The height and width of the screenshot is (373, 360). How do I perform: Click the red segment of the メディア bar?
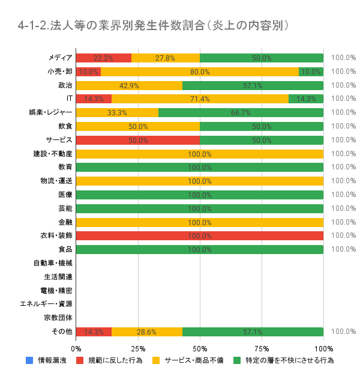(104, 58)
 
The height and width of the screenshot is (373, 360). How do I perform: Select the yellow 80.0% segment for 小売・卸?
(200, 71)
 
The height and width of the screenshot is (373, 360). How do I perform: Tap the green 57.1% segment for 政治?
(253, 85)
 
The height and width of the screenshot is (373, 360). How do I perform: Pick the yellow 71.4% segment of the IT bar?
(200, 99)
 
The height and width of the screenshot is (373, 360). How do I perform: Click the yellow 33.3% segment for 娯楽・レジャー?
(117, 112)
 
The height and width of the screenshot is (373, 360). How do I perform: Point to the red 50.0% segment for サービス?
(138, 140)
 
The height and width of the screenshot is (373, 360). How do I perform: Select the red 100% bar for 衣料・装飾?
(200, 235)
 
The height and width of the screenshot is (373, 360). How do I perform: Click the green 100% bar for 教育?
(200, 167)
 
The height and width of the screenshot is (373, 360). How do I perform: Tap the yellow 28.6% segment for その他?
(147, 332)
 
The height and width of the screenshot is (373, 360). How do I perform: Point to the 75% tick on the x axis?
(262, 348)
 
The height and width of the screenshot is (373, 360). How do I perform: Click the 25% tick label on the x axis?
(138, 348)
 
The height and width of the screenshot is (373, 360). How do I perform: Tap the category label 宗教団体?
(58, 318)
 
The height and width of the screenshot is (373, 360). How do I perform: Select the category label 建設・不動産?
(53, 153)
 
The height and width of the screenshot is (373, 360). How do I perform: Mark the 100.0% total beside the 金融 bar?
(344, 222)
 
